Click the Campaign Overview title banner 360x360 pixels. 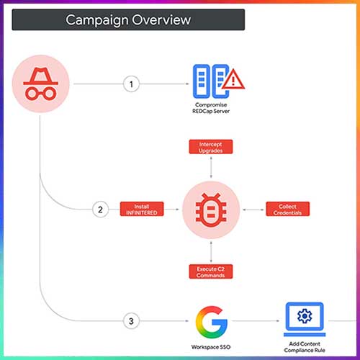tap(128, 19)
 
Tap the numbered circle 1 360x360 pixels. tap(131, 84)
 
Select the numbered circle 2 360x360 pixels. tap(100, 210)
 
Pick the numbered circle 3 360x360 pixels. tap(131, 321)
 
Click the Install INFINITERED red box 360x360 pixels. tap(142, 209)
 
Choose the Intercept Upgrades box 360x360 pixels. tap(211, 147)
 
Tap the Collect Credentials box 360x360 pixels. tap(287, 209)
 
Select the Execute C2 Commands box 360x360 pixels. tap(211, 271)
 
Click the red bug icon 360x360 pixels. tap(211, 210)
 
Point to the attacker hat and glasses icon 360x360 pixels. tap(40, 84)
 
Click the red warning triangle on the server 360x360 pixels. tap(233, 79)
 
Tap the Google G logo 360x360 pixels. tap(212, 322)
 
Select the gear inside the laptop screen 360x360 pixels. tap(305, 316)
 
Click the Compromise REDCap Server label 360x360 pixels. tap(211, 108)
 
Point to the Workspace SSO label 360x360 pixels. tap(211, 347)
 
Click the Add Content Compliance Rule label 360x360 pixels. tap(305, 347)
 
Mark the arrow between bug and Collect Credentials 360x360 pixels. tap(253, 210)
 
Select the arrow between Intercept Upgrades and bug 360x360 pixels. tap(211, 167)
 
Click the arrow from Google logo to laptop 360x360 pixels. tap(256, 321)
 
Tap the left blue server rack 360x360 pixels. tap(202, 81)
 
